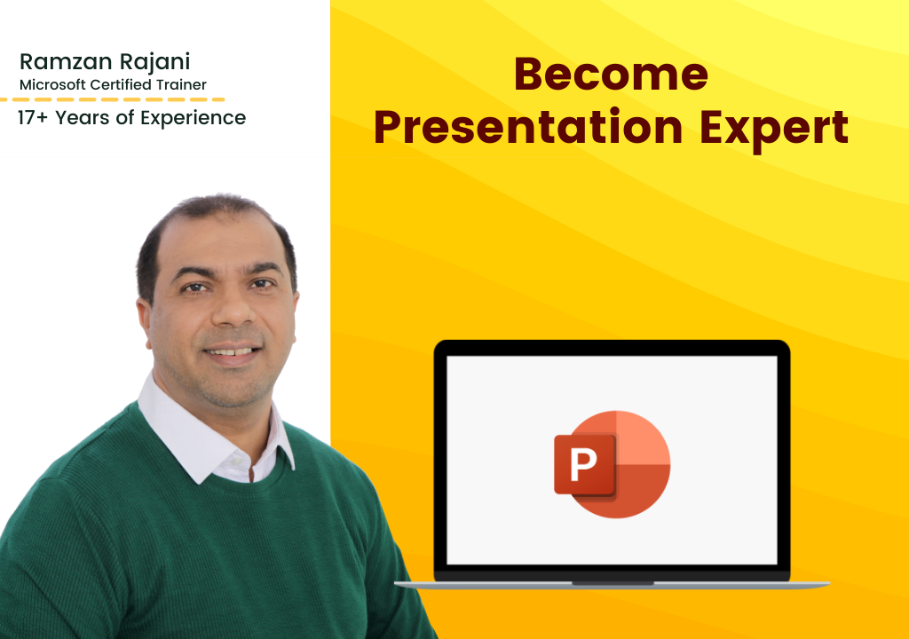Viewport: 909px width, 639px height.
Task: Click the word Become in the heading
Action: point(611,74)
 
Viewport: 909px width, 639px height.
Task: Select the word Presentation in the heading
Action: point(528,128)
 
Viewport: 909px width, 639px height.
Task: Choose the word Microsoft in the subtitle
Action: point(52,84)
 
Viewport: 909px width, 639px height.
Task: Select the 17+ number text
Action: point(33,118)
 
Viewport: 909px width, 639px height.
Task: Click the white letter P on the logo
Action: point(583,464)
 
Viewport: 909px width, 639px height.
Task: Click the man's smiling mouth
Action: point(232,351)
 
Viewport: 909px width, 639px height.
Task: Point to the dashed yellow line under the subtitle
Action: point(113,99)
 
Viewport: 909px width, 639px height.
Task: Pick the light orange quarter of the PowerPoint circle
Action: point(643,438)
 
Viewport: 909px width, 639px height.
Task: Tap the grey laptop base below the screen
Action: point(613,585)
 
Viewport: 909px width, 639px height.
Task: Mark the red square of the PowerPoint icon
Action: point(585,464)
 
